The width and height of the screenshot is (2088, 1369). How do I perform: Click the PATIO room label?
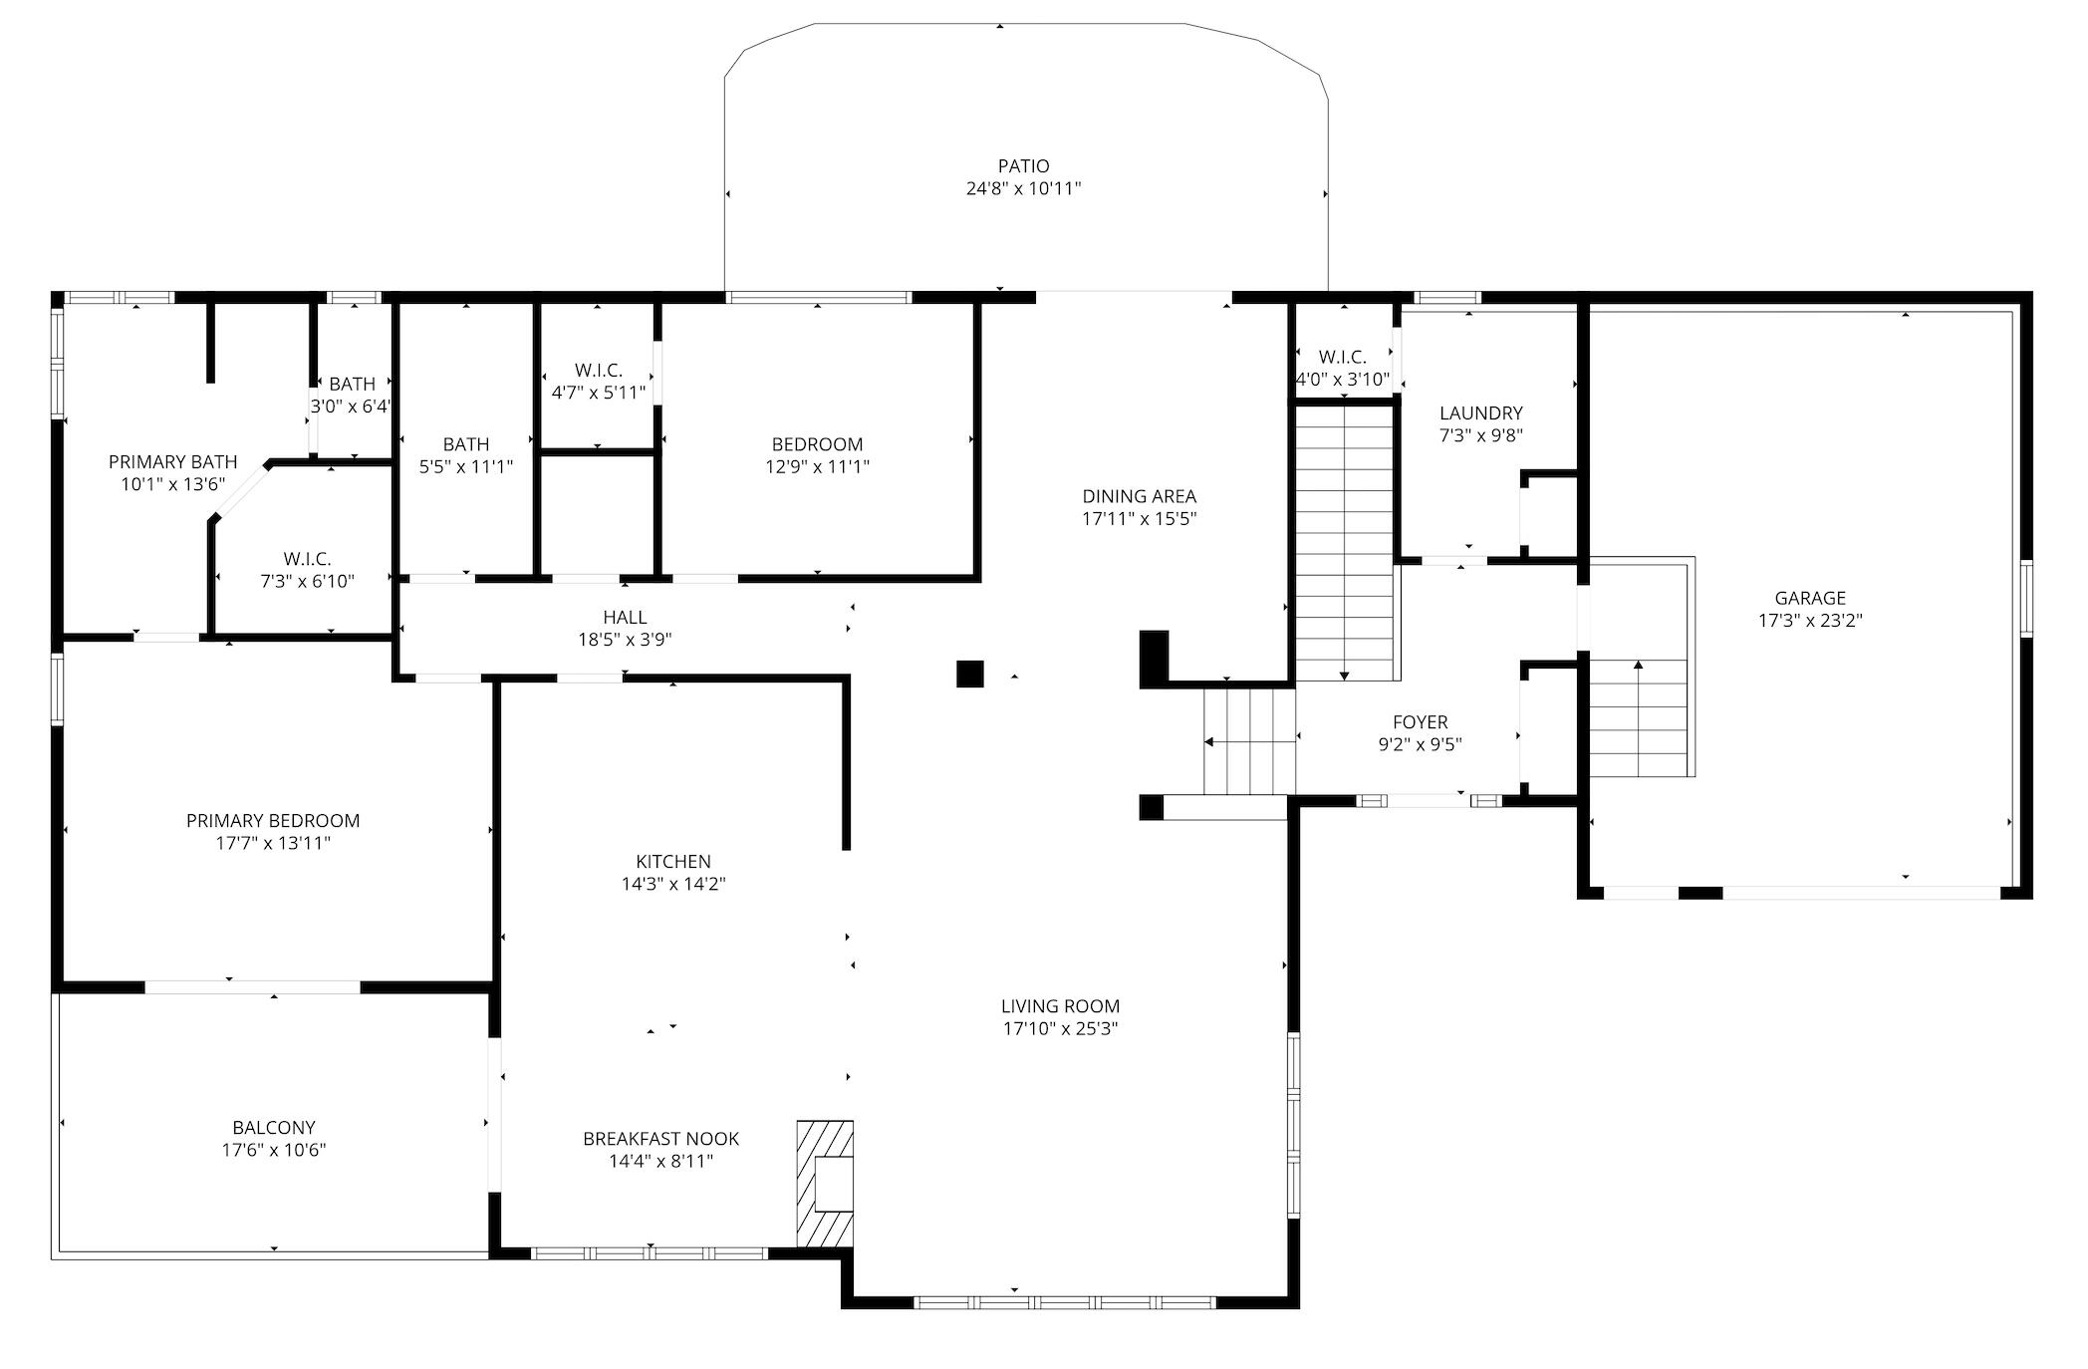click(1023, 166)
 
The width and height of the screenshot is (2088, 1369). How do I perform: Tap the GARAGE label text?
click(1810, 598)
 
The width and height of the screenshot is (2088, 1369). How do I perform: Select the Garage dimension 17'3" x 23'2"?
click(1810, 620)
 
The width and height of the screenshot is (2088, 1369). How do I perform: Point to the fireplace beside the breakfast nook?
click(825, 1184)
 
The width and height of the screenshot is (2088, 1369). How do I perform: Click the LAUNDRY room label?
click(1481, 412)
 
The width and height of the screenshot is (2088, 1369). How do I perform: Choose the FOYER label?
click(1421, 721)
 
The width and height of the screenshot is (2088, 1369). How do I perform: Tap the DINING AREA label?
click(1140, 496)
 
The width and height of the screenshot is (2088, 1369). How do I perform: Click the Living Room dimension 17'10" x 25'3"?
click(1061, 1028)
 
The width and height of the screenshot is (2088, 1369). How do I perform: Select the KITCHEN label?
click(673, 861)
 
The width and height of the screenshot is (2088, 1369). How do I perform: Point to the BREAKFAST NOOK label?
click(661, 1138)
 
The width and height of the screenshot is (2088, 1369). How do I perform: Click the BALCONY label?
click(274, 1127)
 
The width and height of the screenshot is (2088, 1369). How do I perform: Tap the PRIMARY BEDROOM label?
click(273, 820)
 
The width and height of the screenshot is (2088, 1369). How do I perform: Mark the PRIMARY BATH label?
click(173, 461)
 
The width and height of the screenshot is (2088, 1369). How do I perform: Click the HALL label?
click(625, 618)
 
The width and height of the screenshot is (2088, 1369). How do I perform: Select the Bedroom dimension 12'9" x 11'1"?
click(818, 466)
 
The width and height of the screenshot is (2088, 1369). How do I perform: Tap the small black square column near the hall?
click(970, 674)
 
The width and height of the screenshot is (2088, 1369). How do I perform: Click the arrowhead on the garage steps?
click(1639, 665)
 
